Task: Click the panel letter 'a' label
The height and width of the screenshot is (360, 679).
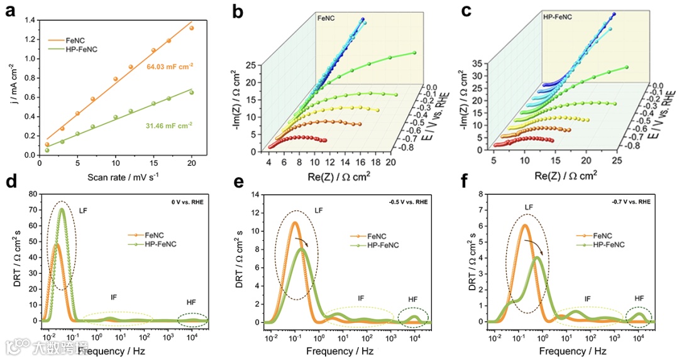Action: [11, 11]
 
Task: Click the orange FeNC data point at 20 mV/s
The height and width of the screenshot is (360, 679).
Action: [191, 28]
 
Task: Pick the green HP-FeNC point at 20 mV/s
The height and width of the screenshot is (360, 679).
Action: [191, 92]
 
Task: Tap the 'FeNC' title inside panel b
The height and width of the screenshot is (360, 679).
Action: [327, 19]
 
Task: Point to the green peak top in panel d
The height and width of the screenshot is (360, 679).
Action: [62, 209]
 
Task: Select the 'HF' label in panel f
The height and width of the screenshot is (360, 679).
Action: [639, 298]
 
